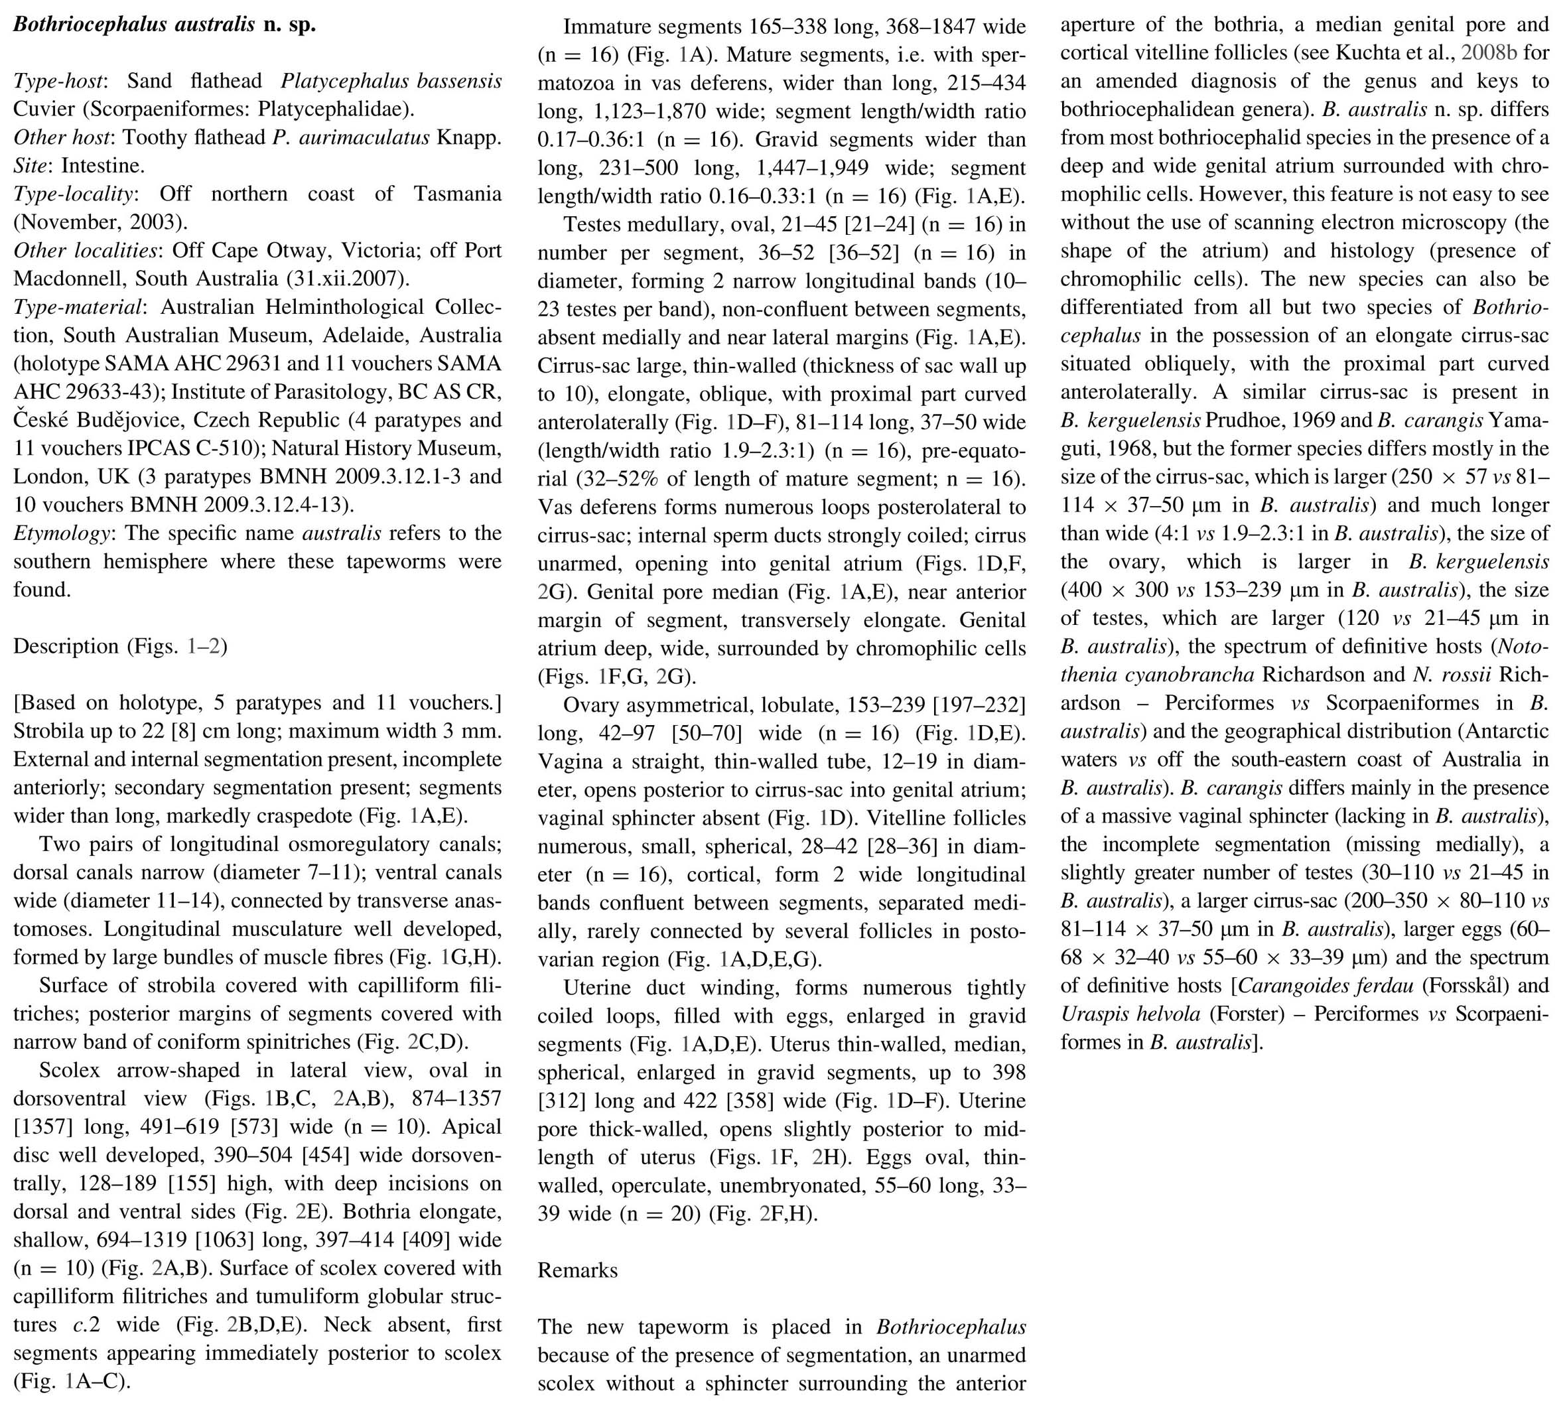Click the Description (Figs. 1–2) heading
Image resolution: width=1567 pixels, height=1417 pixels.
(121, 647)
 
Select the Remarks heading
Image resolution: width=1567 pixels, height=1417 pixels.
(578, 1270)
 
